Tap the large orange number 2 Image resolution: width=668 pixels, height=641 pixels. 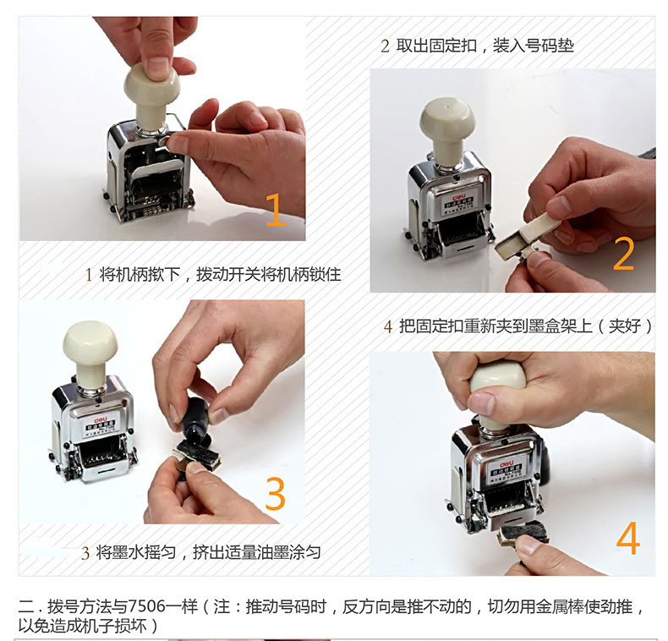pyautogui.click(x=623, y=254)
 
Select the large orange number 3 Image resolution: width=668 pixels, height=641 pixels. pyautogui.click(x=275, y=494)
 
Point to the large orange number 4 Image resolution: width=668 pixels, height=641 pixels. pyautogui.click(x=628, y=539)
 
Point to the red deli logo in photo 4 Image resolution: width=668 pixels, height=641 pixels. pyautogui.click(x=506, y=463)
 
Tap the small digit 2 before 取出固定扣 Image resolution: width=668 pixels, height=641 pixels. pyautogui.click(x=385, y=46)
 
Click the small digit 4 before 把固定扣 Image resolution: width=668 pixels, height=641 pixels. pyautogui.click(x=387, y=327)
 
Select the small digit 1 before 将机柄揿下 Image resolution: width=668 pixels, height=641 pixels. pyautogui.click(x=89, y=275)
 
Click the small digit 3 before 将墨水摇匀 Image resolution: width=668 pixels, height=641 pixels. pyautogui.click(x=85, y=553)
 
